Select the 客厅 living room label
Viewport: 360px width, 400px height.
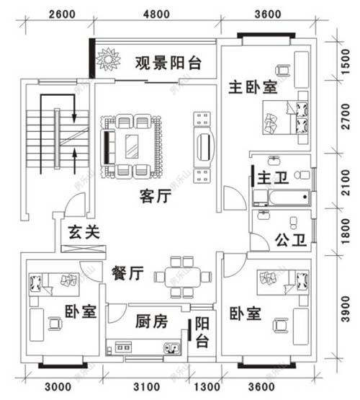tap(155, 195)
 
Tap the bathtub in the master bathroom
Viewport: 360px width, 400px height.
tap(281, 196)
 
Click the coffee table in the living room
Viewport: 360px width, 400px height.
tap(132, 145)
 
